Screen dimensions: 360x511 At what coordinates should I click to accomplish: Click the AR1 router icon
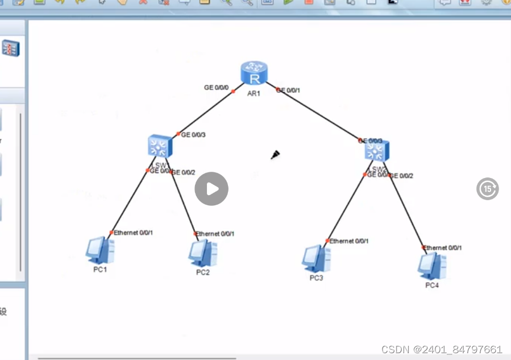coord(254,73)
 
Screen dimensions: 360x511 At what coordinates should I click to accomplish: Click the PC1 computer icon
coord(100,251)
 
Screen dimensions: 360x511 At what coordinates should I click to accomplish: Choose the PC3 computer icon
coord(316,259)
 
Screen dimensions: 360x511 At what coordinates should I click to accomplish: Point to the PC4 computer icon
coord(432,266)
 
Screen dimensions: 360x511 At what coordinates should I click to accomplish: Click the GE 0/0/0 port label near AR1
coord(217,88)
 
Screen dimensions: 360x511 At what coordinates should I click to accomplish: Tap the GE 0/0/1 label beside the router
coord(289,90)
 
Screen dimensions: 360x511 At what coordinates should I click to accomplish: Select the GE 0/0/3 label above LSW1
coord(193,135)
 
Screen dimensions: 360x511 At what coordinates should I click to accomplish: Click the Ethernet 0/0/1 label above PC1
coord(134,233)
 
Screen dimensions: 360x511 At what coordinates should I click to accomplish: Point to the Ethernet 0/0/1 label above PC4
coord(443,247)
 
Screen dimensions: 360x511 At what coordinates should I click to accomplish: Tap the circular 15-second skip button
coord(487,189)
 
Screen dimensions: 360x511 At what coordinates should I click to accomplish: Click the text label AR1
coord(254,93)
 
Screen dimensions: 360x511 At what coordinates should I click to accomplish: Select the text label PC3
coord(316,278)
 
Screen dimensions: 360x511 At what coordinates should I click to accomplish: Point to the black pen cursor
coord(275,155)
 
